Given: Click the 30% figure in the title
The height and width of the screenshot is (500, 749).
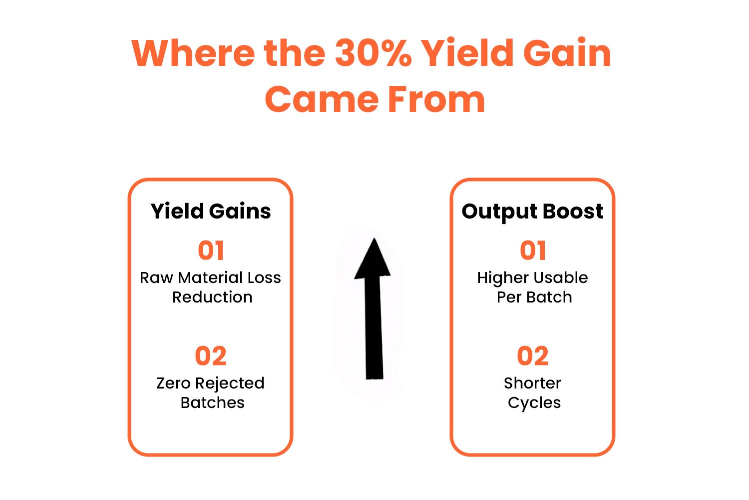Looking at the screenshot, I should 373,53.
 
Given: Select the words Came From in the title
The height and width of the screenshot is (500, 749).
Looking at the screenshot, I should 374,99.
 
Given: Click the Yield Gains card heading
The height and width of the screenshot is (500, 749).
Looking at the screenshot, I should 211,211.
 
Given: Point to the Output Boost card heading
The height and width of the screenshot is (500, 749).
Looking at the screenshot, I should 532,211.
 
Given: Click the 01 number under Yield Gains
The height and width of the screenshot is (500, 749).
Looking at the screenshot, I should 211,250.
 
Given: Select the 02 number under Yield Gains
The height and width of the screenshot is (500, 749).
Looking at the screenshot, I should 211,356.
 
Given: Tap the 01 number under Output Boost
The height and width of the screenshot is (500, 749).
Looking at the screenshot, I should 533,250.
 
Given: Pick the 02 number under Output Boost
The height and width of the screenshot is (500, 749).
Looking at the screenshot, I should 533,356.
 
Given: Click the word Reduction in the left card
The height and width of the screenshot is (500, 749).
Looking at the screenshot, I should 212,297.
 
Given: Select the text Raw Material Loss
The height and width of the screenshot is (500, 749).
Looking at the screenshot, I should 210,277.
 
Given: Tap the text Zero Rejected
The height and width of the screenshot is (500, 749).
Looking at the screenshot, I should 210,383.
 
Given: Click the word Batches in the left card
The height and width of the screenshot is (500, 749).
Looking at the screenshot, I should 212,402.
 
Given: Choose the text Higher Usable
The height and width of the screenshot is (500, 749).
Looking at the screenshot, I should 532,277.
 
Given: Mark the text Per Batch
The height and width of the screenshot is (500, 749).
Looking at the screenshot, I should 534,297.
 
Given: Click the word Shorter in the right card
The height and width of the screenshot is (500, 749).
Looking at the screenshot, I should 532,383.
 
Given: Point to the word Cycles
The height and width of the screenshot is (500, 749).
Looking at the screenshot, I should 534,402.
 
